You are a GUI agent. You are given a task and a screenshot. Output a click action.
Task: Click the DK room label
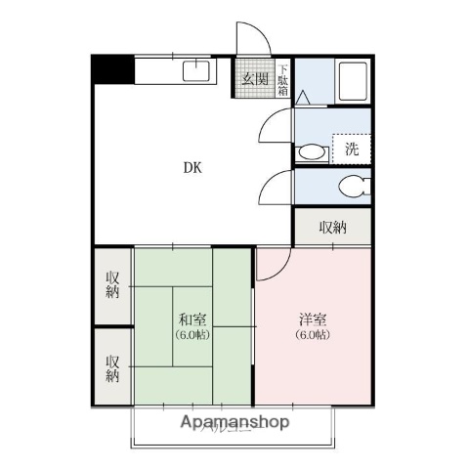click(x=192, y=167)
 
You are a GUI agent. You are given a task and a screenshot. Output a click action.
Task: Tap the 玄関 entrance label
click(x=256, y=79)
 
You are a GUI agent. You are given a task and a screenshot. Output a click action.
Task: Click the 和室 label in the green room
click(x=192, y=320)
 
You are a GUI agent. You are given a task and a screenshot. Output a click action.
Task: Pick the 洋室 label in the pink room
click(x=313, y=320)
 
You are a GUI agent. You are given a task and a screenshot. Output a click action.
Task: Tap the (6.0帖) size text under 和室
click(x=192, y=335)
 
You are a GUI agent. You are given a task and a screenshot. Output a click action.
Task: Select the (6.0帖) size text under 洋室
click(x=313, y=335)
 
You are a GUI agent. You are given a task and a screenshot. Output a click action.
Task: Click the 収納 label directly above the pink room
click(x=332, y=228)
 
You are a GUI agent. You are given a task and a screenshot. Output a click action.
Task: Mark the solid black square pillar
click(x=112, y=70)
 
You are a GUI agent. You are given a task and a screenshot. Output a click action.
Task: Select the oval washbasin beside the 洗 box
click(x=313, y=150)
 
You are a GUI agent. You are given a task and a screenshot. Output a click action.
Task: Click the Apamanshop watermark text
click(x=234, y=422)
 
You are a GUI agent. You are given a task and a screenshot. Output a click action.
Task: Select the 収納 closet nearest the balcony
click(x=113, y=366)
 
